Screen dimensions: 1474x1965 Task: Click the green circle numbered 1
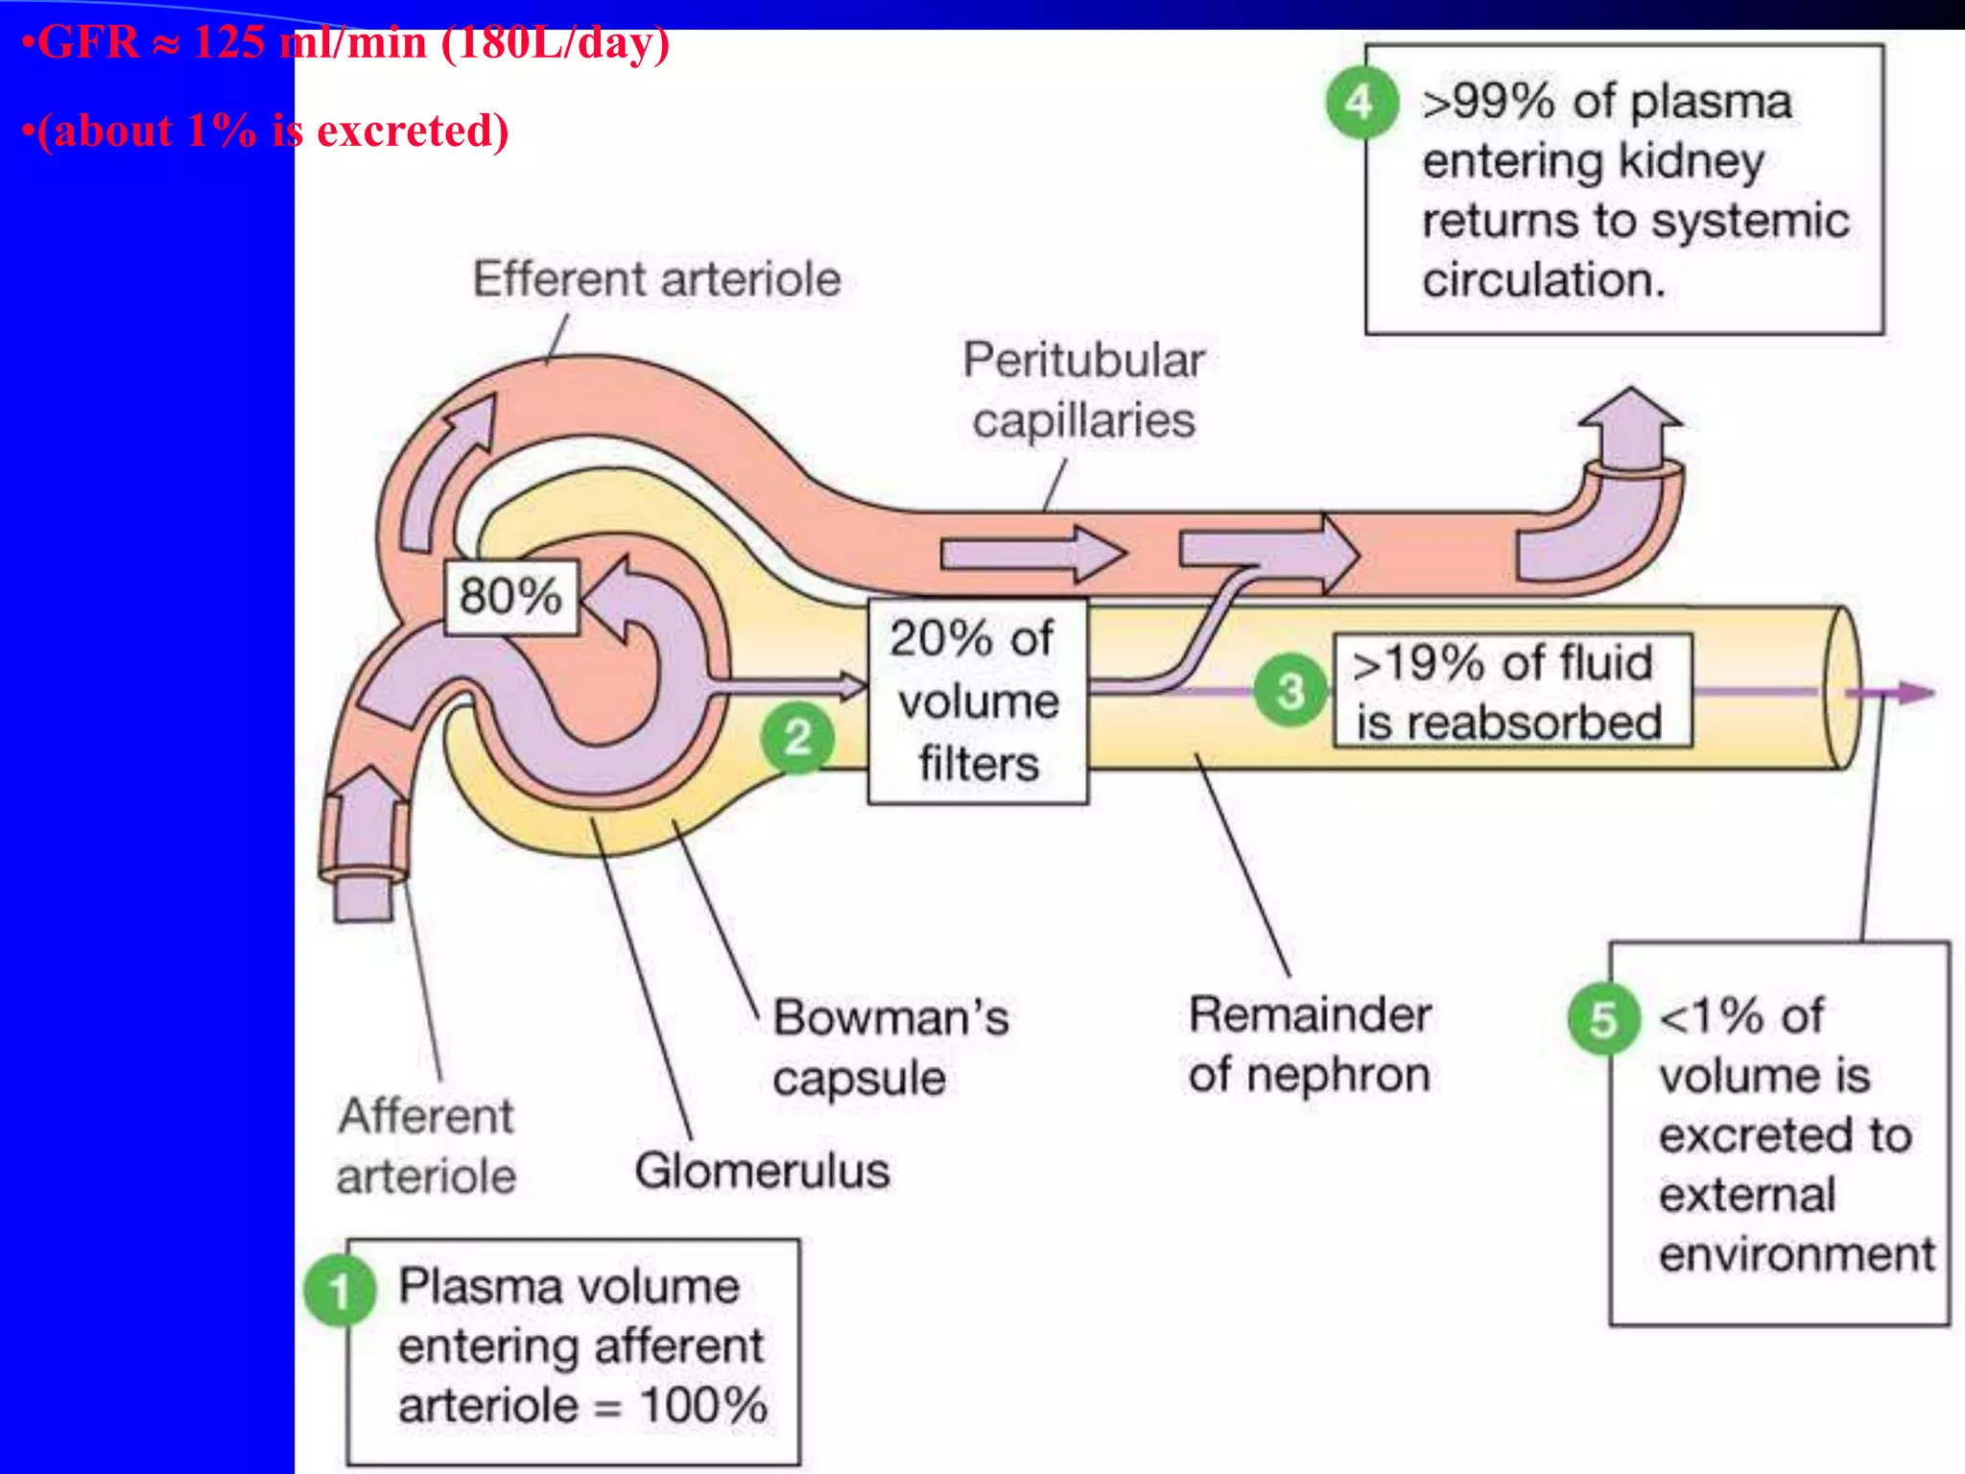pyautogui.click(x=338, y=1291)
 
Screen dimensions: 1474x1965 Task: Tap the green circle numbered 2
pyautogui.click(x=796, y=737)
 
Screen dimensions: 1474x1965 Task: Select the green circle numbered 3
pyautogui.click(x=1290, y=690)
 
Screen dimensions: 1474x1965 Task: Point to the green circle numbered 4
pyautogui.click(x=1360, y=103)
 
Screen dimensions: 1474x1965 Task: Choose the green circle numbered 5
pyautogui.click(x=1602, y=1019)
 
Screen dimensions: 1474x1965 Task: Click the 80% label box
pyautogui.click(x=511, y=596)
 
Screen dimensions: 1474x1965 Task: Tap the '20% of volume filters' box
pyautogui.click(x=977, y=701)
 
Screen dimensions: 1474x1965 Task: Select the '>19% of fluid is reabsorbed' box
pyautogui.click(x=1511, y=691)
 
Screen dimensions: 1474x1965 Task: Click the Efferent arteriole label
pyautogui.click(x=656, y=279)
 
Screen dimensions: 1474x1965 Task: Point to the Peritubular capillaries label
pyautogui.click(x=1083, y=390)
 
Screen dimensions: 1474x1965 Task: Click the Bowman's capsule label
pyautogui.click(x=889, y=1047)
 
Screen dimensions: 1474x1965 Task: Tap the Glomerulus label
pyautogui.click(x=762, y=1171)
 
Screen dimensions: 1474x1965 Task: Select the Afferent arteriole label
pyautogui.click(x=426, y=1146)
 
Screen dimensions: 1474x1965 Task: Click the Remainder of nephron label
pyautogui.click(x=1310, y=1044)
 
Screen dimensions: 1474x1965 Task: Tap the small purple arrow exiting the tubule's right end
pyautogui.click(x=1905, y=692)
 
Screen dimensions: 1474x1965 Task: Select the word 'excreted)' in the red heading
pyautogui.click(x=413, y=131)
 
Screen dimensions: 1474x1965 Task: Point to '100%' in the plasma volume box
pyautogui.click(x=703, y=1406)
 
